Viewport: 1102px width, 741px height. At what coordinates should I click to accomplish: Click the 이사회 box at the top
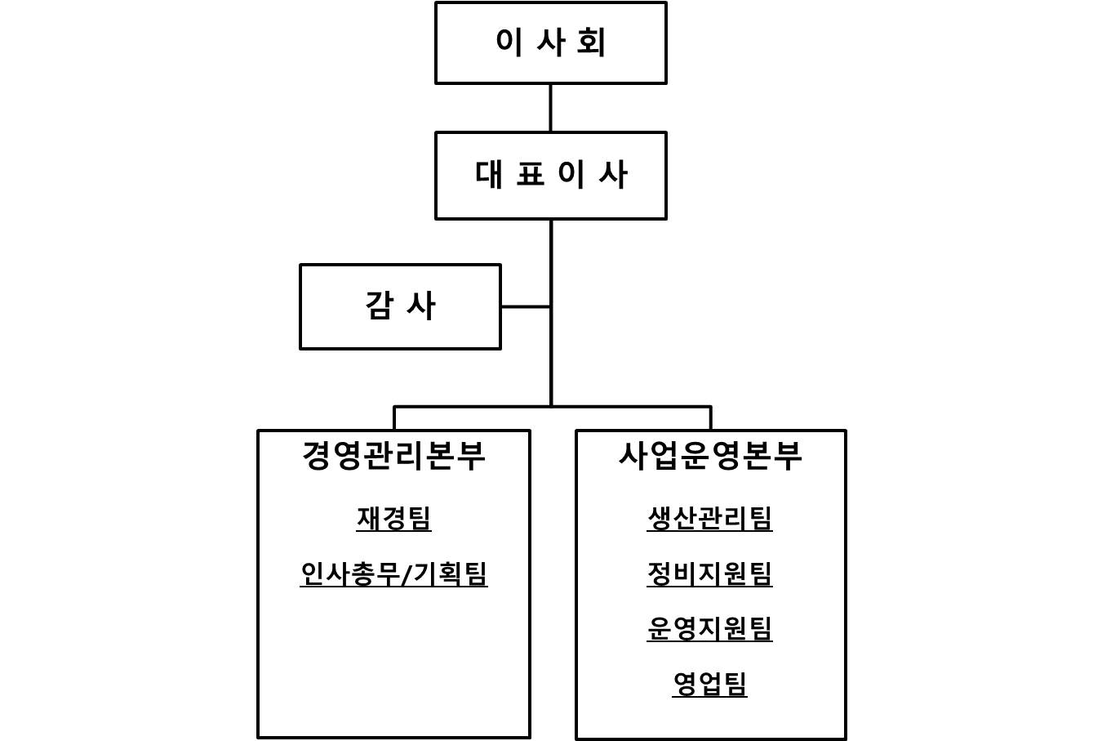coord(550,42)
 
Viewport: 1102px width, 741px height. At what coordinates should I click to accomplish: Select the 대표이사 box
coord(550,175)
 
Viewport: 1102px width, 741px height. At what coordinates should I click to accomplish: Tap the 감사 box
coord(400,306)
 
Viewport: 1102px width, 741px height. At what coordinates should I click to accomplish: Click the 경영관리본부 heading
coord(393,455)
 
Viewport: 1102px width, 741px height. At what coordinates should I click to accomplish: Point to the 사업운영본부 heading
coord(710,455)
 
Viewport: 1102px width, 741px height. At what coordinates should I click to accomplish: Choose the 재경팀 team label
coord(393,518)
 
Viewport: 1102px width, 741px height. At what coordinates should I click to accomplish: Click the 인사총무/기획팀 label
coord(393,574)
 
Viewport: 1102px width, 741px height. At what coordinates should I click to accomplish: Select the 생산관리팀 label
coord(709,518)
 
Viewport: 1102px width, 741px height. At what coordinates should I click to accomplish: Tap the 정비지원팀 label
coord(709,574)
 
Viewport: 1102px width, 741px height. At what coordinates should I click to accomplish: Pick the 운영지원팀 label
coord(709,628)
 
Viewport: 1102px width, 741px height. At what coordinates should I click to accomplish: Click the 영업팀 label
coord(709,684)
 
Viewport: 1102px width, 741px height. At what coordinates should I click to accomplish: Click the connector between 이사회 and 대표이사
coord(550,108)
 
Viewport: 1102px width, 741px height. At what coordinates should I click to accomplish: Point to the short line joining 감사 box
coord(526,306)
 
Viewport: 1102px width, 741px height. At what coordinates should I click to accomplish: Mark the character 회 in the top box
coord(591,42)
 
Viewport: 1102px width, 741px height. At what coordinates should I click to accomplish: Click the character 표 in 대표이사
coord(531,175)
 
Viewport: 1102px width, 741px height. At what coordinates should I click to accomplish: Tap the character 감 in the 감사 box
coord(379,306)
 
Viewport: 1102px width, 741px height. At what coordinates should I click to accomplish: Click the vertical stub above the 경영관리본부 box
coord(394,418)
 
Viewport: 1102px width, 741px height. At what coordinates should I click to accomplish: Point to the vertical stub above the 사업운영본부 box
coord(710,418)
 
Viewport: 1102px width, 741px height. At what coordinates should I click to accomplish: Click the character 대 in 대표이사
coord(489,175)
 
